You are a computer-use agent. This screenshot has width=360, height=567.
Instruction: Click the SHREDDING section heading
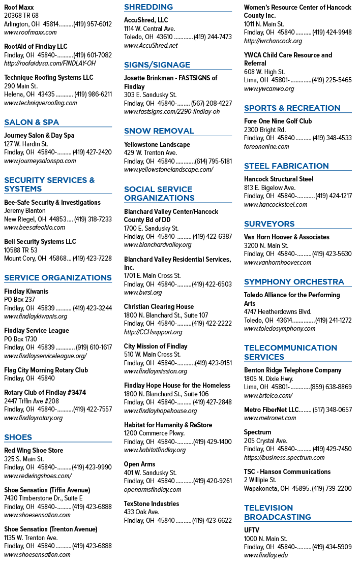(x=148, y=7)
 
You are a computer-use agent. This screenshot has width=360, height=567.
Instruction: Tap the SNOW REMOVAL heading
(x=159, y=131)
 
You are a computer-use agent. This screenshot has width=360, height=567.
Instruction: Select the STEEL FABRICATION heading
(x=286, y=166)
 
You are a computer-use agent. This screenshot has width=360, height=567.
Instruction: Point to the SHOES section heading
(x=18, y=437)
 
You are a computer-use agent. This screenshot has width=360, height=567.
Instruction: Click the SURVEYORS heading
(x=269, y=224)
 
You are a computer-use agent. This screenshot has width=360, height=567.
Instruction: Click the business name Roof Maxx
(x=19, y=7)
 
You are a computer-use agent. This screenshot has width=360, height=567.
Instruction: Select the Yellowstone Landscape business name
(x=157, y=145)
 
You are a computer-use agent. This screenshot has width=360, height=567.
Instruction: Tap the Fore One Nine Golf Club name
(x=278, y=121)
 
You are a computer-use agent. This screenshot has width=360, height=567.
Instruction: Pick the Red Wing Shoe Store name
(x=34, y=451)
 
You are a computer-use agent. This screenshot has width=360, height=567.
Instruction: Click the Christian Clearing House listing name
(x=159, y=307)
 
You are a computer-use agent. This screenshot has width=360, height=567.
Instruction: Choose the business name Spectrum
(x=258, y=432)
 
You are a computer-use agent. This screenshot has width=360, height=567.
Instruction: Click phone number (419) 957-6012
(x=93, y=24)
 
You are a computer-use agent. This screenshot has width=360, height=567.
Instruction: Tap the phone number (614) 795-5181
(x=214, y=161)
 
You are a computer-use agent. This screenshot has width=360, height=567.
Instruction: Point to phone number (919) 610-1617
(x=94, y=347)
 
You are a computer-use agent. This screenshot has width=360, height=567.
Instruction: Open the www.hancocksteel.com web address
(x=276, y=205)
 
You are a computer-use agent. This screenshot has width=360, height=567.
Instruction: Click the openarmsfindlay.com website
(x=153, y=490)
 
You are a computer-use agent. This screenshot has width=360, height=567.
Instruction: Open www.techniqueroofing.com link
(x=41, y=103)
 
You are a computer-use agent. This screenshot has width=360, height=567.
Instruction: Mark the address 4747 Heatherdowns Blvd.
(x=278, y=312)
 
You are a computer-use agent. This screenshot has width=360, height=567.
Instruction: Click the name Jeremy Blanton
(x=25, y=211)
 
